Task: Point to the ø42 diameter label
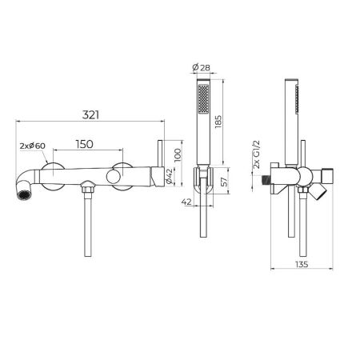tap(170, 176)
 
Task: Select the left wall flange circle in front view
tap(53, 176)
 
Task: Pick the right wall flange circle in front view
tap(124, 176)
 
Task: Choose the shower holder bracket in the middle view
tap(207, 182)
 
